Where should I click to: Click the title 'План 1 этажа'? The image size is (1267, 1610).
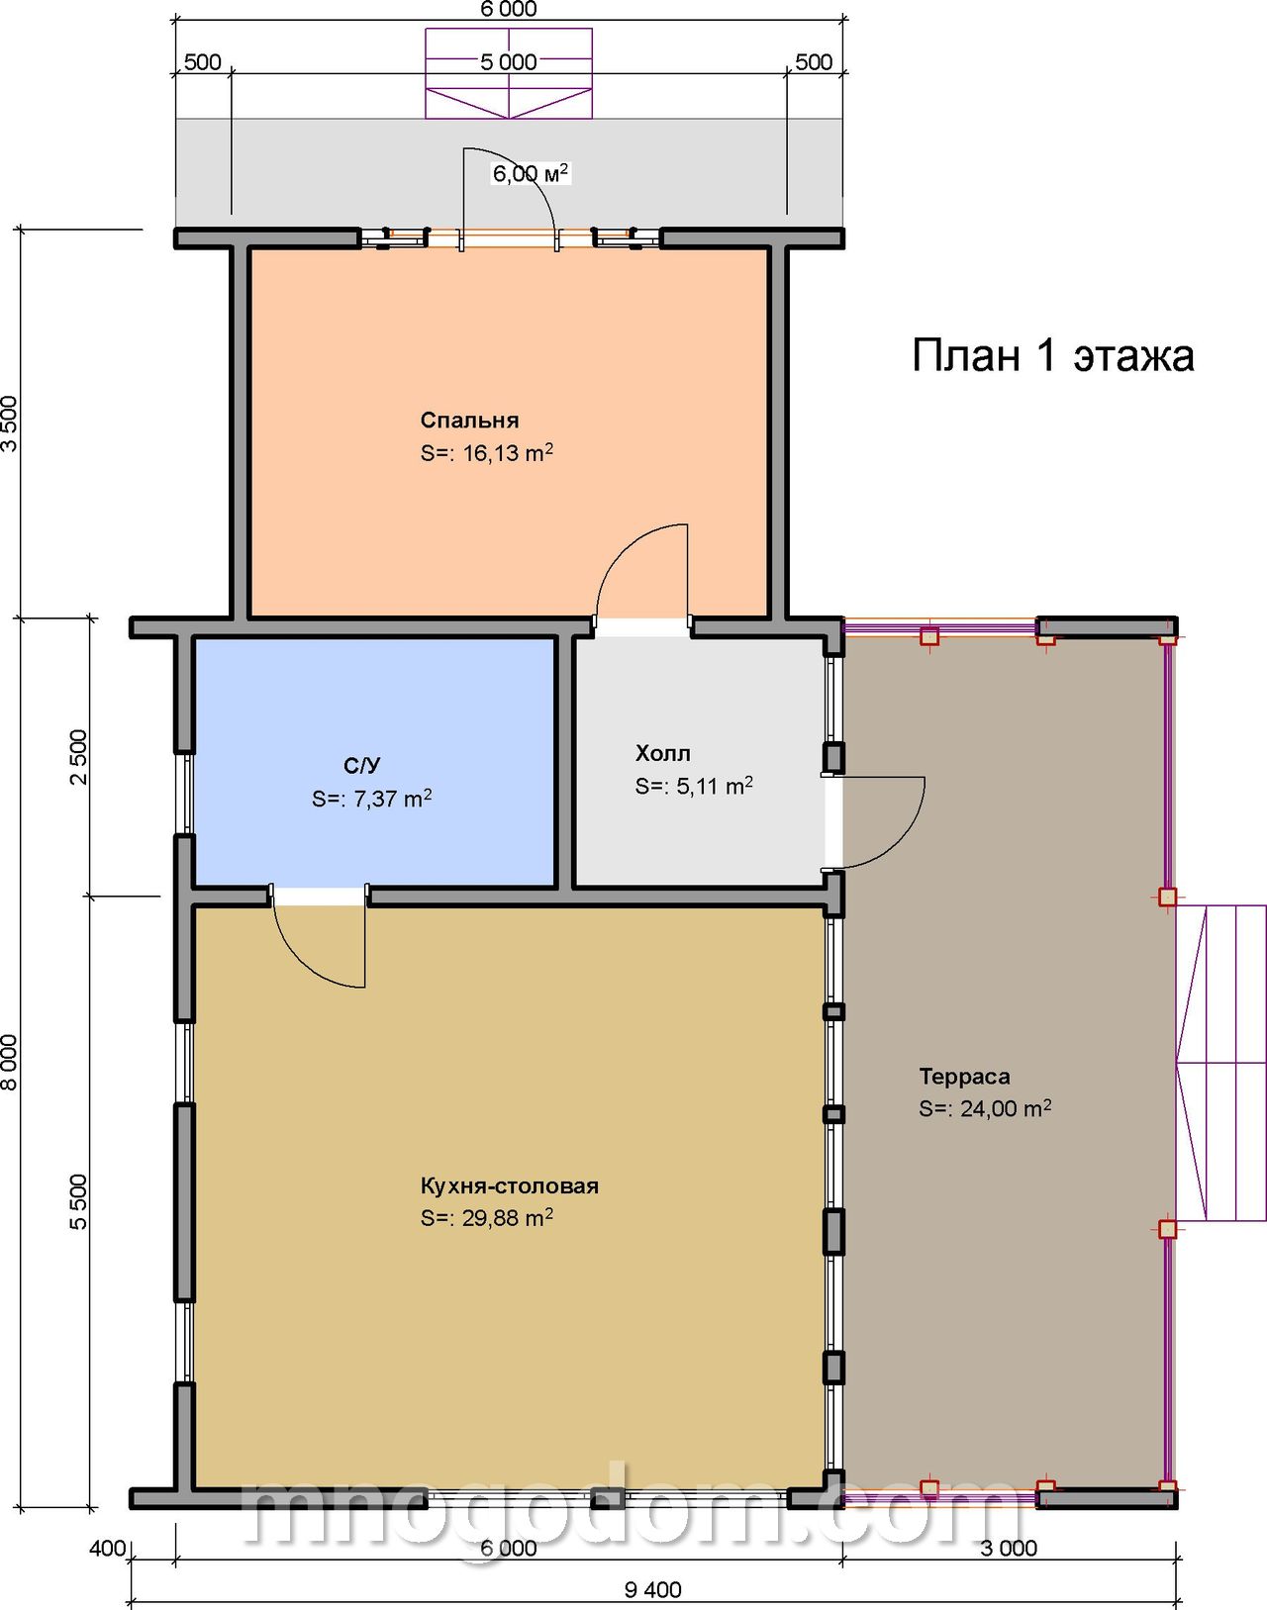(1052, 355)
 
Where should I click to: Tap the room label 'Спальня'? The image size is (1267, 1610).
(469, 421)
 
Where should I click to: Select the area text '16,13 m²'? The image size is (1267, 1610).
(508, 452)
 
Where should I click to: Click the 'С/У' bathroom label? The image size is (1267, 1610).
(362, 765)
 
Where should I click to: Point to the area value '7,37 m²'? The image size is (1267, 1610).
(392, 799)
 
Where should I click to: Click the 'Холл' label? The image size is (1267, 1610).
(663, 753)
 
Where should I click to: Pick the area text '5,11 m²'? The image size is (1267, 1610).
(714, 786)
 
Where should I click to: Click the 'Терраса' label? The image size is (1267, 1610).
(965, 1077)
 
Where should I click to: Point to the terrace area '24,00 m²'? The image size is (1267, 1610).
(1006, 1108)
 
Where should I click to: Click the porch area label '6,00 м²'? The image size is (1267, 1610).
(530, 173)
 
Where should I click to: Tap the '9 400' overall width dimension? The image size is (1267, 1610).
(652, 1589)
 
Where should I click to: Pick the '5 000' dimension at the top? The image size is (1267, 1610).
(509, 61)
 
